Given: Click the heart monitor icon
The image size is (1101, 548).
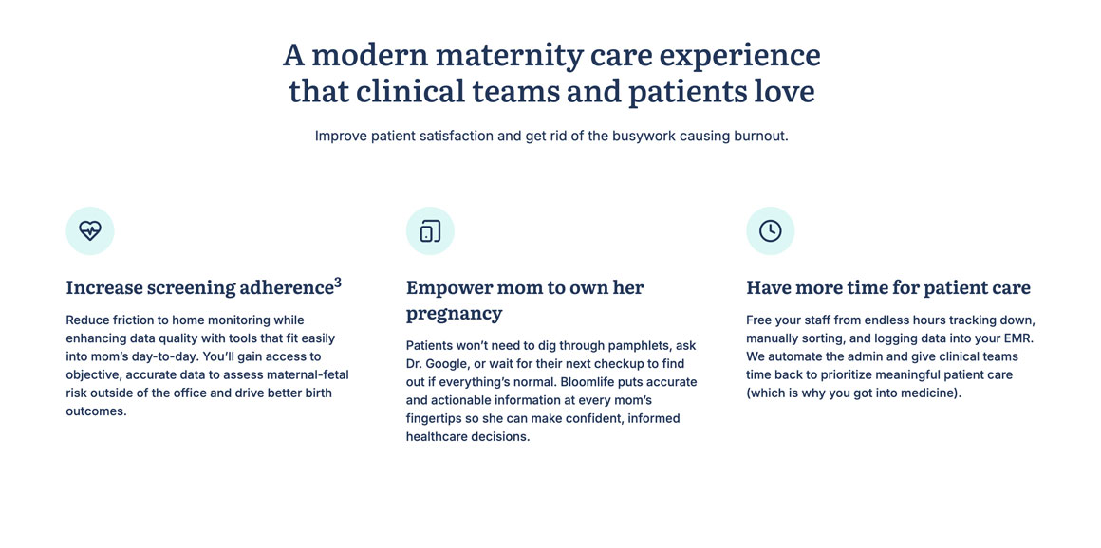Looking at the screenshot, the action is pos(90,230).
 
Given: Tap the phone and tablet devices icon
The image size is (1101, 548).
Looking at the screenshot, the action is pos(430,230).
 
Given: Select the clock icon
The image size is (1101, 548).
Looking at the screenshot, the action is pos(771,230).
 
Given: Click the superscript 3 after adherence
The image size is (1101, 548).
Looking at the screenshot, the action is pos(338,283).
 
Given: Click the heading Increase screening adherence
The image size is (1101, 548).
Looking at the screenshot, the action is pos(199,287).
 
